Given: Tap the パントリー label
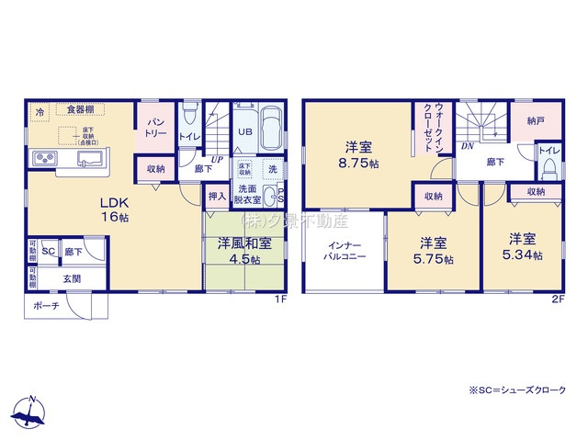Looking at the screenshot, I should (155, 129).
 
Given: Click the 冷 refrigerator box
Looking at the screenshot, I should (40, 112).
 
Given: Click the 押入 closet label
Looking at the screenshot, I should (217, 196).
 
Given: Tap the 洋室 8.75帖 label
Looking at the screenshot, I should (359, 153).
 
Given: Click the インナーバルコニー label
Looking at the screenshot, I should (345, 251).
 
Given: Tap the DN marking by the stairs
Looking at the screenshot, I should (467, 146).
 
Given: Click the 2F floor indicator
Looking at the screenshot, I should (558, 299).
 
